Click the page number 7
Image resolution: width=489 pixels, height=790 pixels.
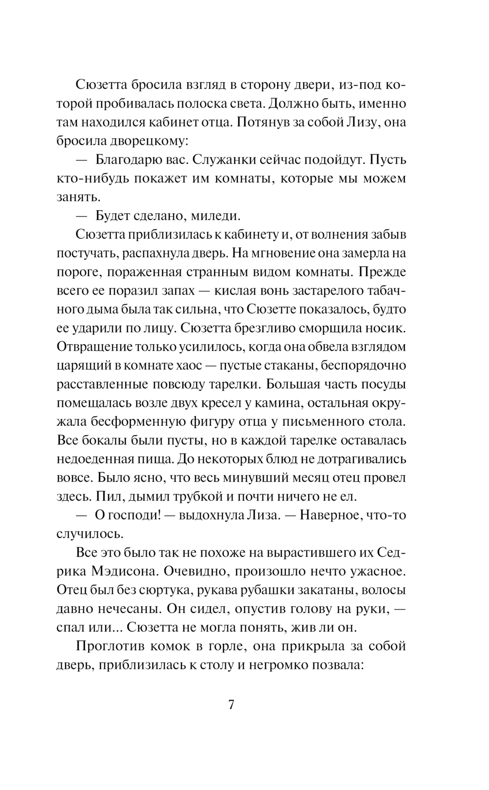231,705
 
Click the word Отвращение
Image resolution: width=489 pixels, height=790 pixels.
91,347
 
